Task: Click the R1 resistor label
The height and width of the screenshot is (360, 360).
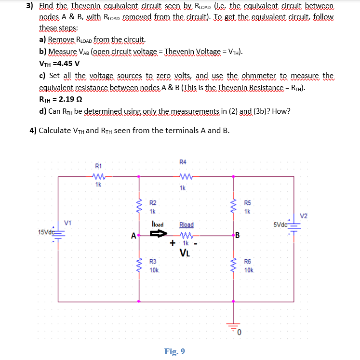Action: coord(98,167)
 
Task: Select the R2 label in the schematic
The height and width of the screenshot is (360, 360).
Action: coord(152,203)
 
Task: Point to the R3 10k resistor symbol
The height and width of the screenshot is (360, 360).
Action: coord(139,265)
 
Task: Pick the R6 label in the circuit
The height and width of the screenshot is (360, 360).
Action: coord(248,262)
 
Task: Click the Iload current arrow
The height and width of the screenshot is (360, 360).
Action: coord(158,235)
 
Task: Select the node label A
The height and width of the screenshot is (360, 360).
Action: coord(133,236)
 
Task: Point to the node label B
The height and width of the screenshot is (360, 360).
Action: coord(237,236)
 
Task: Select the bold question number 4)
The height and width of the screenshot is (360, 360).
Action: coord(31,130)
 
